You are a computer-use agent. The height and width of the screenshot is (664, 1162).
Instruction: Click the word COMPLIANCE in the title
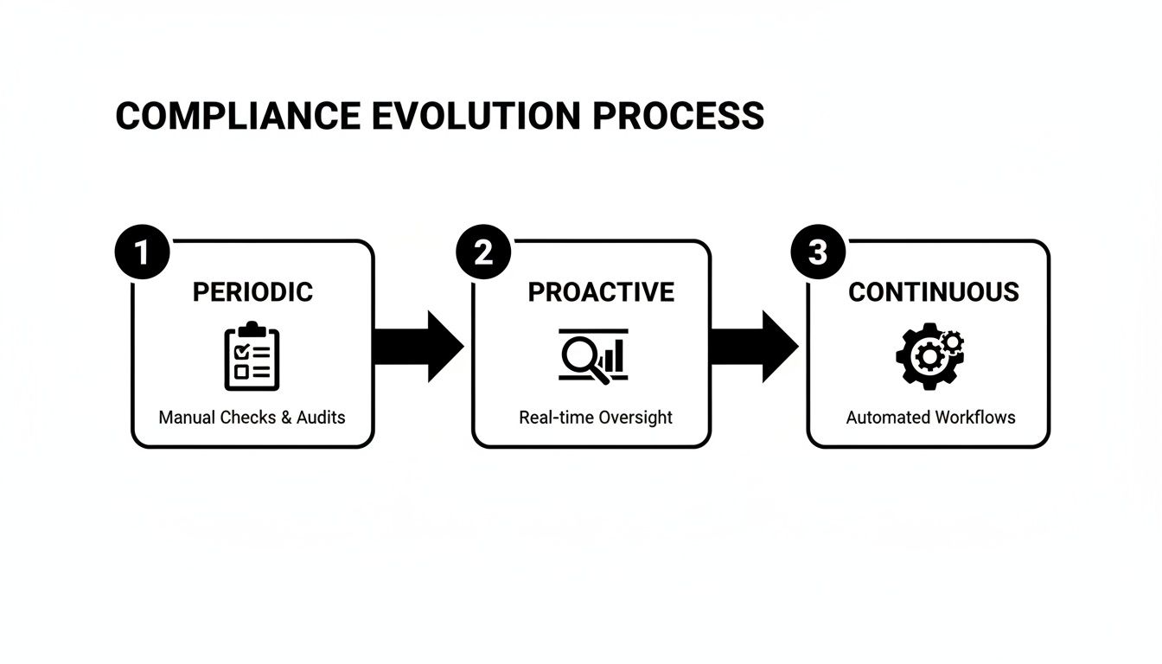tap(238, 116)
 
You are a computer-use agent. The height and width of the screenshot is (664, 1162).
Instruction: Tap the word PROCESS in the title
tap(679, 116)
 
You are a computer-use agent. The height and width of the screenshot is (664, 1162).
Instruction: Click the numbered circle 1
tap(142, 252)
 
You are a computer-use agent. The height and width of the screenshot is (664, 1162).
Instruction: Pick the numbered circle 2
tap(483, 252)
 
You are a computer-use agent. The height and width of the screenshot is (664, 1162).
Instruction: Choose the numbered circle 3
tap(818, 252)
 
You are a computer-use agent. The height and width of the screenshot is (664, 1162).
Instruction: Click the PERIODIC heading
tap(252, 292)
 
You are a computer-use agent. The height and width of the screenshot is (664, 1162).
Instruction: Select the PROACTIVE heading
tap(601, 292)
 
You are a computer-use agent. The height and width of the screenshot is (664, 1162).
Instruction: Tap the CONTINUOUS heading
tap(933, 292)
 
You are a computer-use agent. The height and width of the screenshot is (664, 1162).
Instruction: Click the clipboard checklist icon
tap(252, 355)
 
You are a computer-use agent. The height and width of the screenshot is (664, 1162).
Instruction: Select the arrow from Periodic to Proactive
tap(418, 346)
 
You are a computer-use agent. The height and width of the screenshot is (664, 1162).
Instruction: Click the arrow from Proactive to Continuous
tap(753, 346)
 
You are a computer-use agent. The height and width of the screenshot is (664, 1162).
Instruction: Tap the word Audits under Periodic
tap(321, 418)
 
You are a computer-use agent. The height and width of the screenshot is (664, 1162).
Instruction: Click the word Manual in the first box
tap(187, 418)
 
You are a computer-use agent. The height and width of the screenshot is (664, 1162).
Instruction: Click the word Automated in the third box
tap(885, 418)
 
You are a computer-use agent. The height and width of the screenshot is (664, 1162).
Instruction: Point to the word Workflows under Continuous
tap(974, 418)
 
